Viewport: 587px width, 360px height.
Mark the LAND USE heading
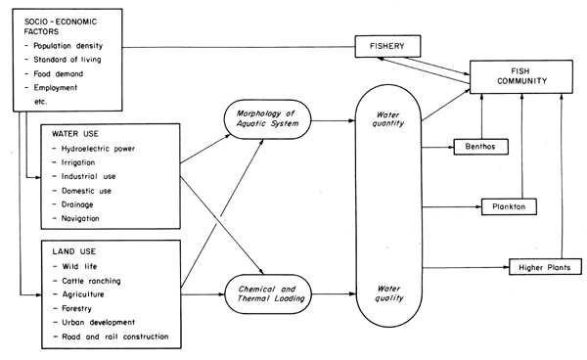[70, 252]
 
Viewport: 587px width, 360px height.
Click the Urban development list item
[103, 322]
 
